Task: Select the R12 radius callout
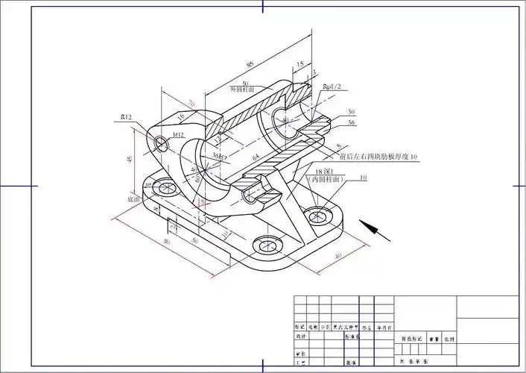coord(127,118)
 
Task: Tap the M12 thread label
coord(178,134)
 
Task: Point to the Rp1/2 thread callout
coord(332,87)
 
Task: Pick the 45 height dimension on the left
coord(130,159)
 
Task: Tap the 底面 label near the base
coord(134,199)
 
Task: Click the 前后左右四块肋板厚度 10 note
coord(378,157)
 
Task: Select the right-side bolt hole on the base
coord(320,215)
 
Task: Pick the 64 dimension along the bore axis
coord(256,157)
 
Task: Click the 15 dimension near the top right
coord(300,65)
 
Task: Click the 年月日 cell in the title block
coord(383,327)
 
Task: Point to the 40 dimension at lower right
coord(338,257)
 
